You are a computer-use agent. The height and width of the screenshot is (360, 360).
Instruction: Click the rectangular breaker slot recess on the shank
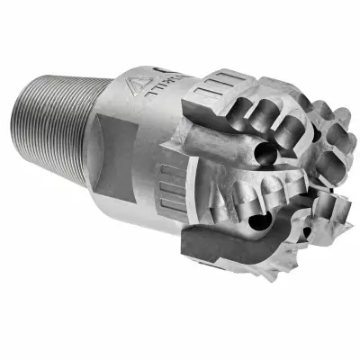(112, 157)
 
